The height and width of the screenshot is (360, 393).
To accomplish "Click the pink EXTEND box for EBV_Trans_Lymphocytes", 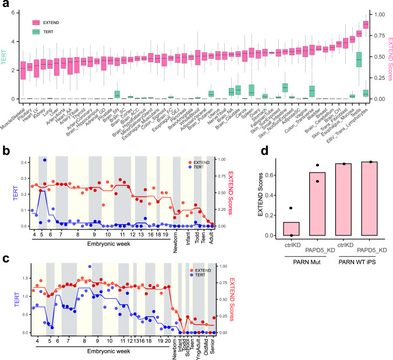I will (x=365, y=24).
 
